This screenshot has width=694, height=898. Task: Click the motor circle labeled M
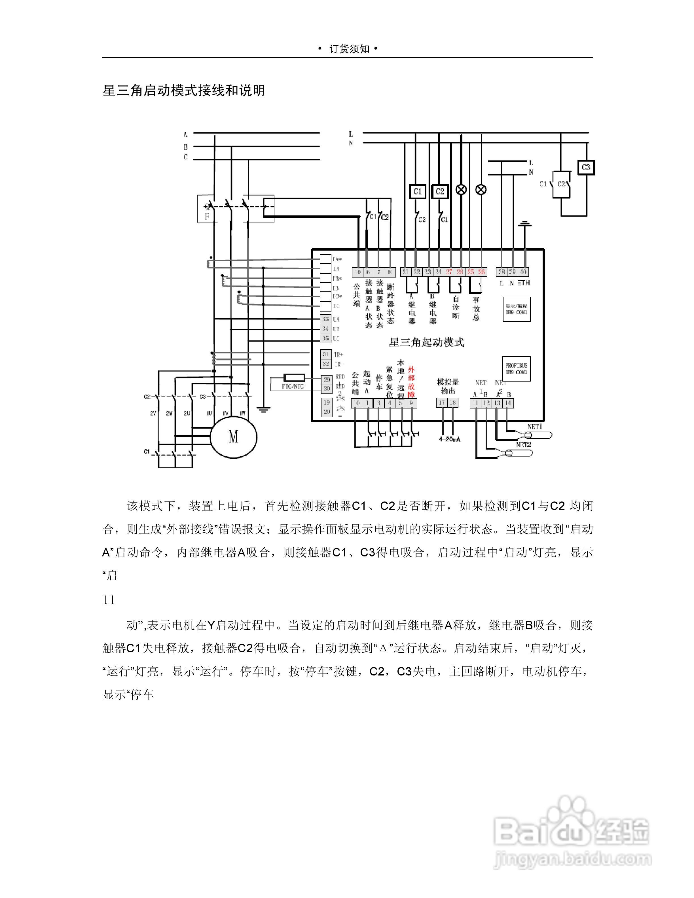pyautogui.click(x=234, y=437)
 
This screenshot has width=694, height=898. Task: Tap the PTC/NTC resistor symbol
pyautogui.click(x=294, y=378)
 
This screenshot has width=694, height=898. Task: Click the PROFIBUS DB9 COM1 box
pyautogui.click(x=516, y=368)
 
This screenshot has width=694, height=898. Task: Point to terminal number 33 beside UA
pyautogui.click(x=326, y=319)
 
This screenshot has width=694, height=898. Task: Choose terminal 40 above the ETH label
pyautogui.click(x=523, y=272)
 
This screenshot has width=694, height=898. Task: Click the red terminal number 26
pyautogui.click(x=481, y=272)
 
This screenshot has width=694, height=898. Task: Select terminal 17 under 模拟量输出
pyautogui.click(x=442, y=403)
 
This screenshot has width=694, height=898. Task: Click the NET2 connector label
pyautogui.click(x=523, y=444)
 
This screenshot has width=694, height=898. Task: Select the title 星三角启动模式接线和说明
pyautogui.click(x=184, y=90)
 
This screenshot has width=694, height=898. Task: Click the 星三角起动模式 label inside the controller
pyautogui.click(x=426, y=342)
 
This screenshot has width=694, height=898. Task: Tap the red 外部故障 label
pyautogui.click(x=411, y=382)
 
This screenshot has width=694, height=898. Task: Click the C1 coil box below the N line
pyautogui.click(x=418, y=191)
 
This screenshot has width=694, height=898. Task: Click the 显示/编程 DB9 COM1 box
pyautogui.click(x=516, y=309)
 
